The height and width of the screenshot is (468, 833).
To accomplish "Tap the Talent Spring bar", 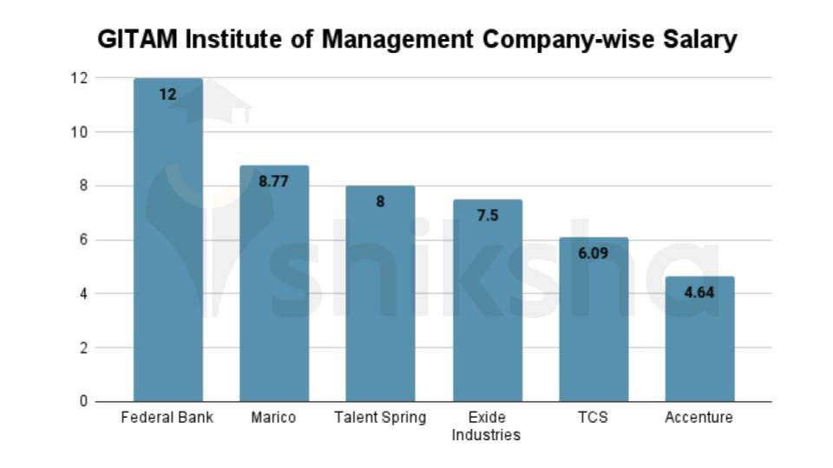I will (380, 294).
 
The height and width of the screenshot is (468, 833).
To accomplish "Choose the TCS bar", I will (594, 320).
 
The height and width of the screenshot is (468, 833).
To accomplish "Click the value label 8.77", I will (274, 181).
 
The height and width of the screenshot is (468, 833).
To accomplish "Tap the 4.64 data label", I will (699, 292).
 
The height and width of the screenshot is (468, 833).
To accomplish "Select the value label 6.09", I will (594, 253).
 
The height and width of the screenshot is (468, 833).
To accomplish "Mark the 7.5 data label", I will (487, 215).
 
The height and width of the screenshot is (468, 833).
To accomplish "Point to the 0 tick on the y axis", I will (84, 401).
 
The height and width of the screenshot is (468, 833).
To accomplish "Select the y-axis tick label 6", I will (84, 239).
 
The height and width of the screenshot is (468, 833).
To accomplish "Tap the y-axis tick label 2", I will (84, 348).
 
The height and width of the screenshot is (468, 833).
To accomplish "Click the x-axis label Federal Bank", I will (167, 418).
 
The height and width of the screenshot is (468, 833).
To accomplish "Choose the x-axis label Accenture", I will (699, 418).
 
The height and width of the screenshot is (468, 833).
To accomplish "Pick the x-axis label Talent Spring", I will (380, 418).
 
